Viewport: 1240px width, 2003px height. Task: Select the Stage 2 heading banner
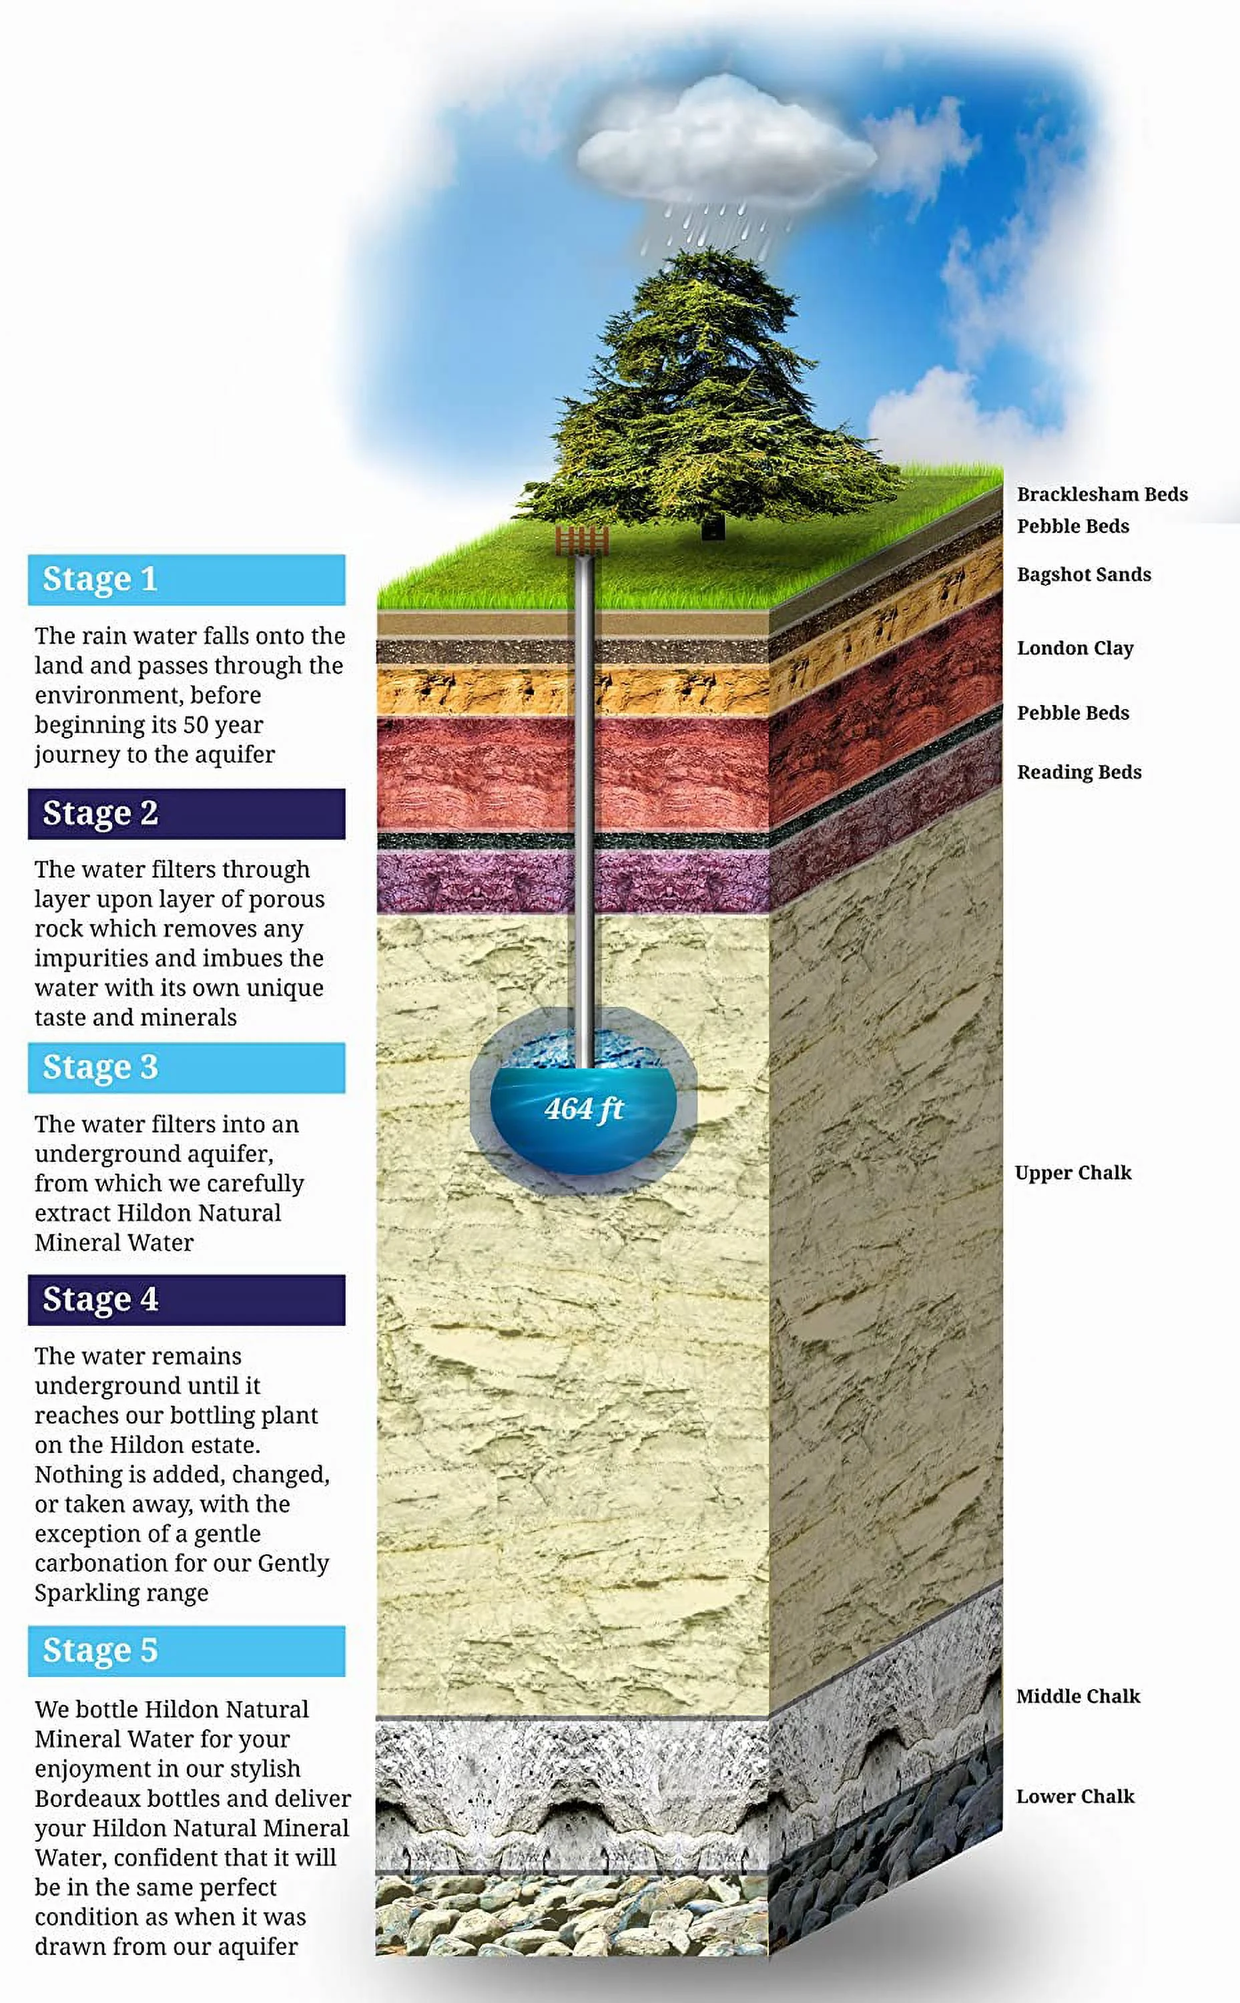(186, 814)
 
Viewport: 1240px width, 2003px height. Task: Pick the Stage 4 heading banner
(186, 1299)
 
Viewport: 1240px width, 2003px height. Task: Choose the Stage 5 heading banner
(186, 1650)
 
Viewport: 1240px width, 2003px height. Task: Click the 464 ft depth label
(584, 1109)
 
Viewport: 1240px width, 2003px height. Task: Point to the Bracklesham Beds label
(1101, 494)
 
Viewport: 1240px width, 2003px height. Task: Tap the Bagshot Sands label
(1083, 574)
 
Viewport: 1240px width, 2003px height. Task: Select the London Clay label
(1075, 648)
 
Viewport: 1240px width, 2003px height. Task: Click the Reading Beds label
(1078, 772)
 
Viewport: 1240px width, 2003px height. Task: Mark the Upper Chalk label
(1072, 1173)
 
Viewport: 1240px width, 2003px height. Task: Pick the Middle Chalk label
(1078, 1697)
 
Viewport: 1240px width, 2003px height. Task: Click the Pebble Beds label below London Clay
(1072, 713)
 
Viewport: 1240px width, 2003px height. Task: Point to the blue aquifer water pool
(584, 1124)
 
